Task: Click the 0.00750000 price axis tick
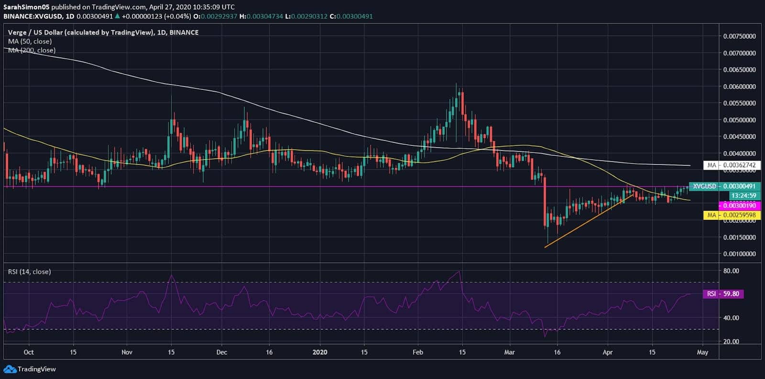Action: point(739,36)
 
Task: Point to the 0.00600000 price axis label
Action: point(739,87)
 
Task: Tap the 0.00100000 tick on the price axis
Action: point(739,254)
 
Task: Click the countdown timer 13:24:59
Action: point(743,195)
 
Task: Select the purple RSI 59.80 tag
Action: point(723,294)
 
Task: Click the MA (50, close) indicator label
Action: point(30,42)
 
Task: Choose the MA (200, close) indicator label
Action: point(32,50)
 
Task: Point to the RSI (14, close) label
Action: point(29,271)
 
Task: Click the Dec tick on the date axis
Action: point(221,352)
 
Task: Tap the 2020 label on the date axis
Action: point(319,352)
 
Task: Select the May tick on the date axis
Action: point(702,352)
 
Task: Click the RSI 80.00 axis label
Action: point(731,271)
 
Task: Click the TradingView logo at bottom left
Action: point(30,369)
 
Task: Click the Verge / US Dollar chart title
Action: point(103,32)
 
